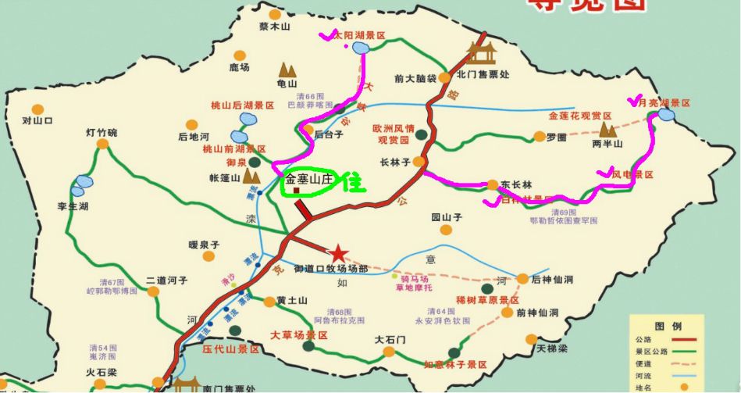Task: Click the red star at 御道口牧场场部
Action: (x=338, y=253)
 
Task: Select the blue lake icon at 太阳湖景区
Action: (x=360, y=49)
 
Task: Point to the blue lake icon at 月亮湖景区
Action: (x=665, y=115)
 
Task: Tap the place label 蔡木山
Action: (x=274, y=26)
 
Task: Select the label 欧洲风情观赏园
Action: (x=391, y=134)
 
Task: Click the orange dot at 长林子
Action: (x=419, y=162)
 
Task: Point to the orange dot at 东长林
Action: (x=493, y=185)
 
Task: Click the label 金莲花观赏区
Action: (x=580, y=116)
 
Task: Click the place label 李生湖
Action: (x=73, y=206)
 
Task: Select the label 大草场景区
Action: (x=298, y=335)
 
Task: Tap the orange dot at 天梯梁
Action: (x=531, y=339)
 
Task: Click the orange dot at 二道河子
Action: (x=153, y=291)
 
